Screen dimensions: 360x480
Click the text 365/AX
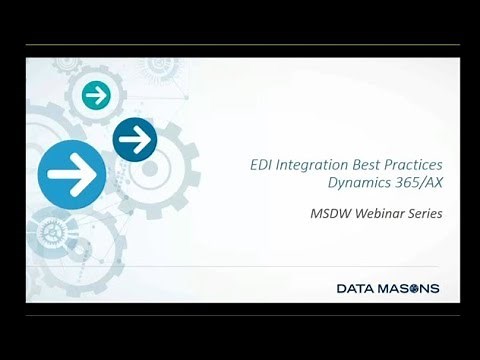pos(417,183)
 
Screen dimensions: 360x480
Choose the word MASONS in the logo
pos(410,290)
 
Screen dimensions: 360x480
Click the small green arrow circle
pos(97,96)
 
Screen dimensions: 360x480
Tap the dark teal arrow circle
pos(134,139)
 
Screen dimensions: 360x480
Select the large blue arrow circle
pos(72,176)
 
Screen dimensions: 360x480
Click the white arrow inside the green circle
pos(97,96)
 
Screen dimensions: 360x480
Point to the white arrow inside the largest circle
pos(72,176)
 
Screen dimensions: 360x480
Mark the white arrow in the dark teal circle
pos(134,139)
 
